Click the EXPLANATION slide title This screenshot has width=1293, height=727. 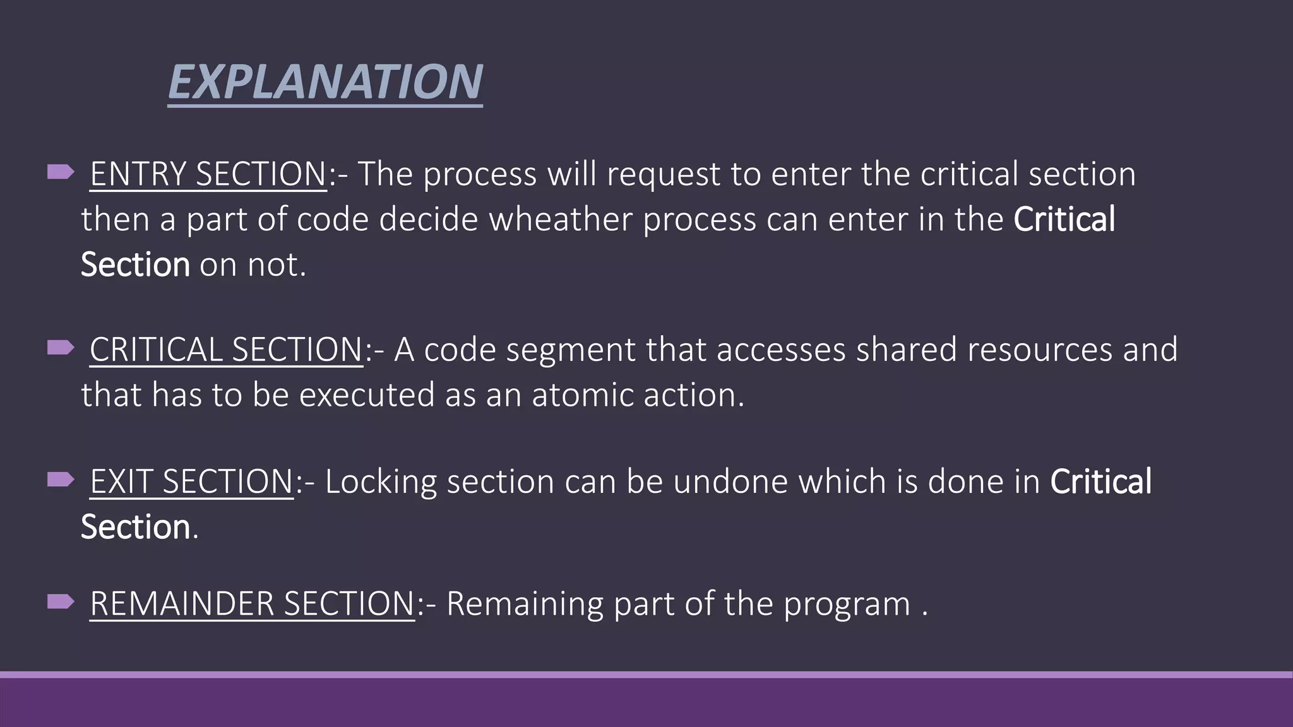(325, 82)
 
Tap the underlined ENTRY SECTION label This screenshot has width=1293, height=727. (208, 174)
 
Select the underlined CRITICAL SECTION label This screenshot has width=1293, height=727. (225, 350)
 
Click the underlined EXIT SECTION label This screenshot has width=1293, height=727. (191, 482)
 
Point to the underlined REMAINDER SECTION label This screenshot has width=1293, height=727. (252, 604)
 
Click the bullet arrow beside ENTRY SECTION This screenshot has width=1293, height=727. (61, 172)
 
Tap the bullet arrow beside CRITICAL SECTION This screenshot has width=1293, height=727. (61, 347)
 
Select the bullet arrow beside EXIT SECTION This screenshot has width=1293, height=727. (61, 480)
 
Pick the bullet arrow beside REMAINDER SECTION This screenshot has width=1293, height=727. (61, 602)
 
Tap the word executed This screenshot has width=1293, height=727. (366, 395)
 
